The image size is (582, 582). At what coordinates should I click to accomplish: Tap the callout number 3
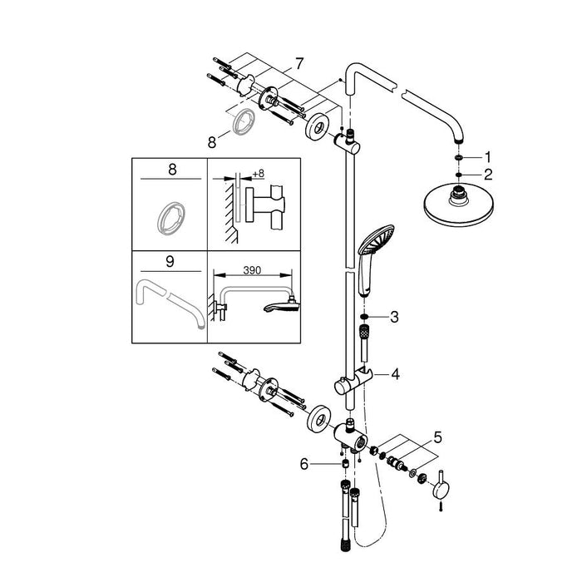coord(396,317)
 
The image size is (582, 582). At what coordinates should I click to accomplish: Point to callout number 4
coord(396,375)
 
